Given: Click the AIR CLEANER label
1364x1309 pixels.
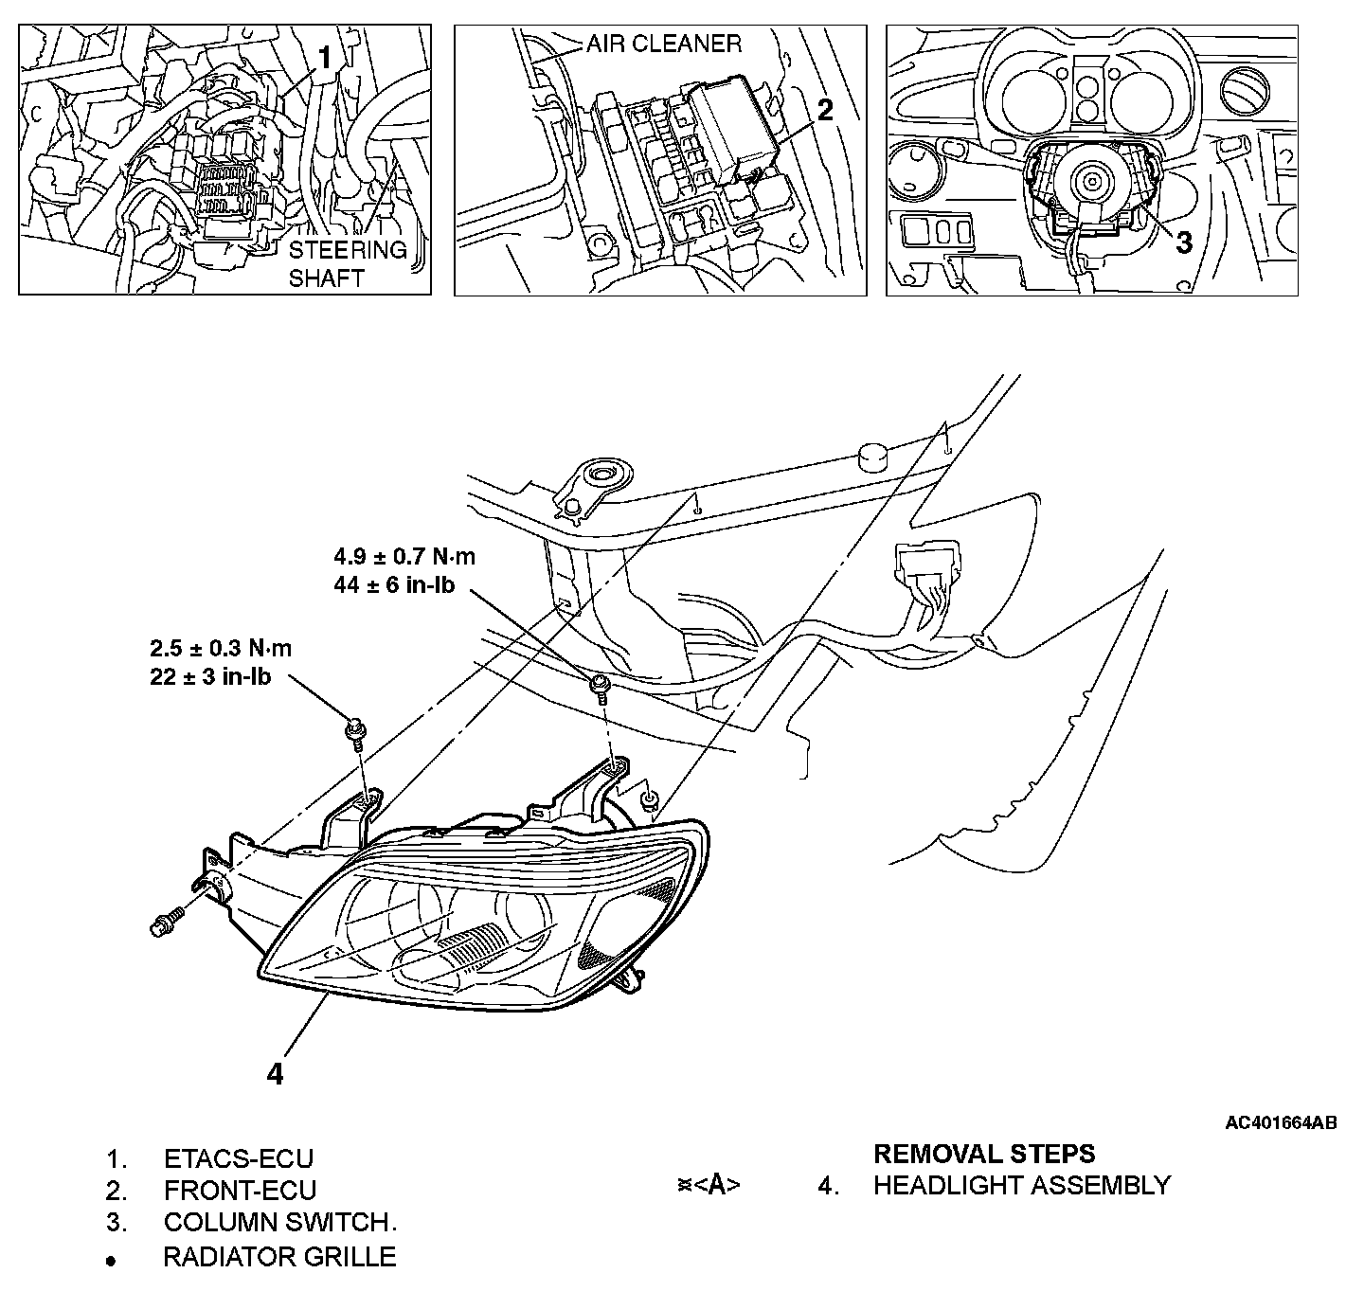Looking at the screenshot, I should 663,44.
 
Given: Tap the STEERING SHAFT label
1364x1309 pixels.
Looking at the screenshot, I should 347,264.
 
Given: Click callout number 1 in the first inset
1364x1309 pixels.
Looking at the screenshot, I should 325,58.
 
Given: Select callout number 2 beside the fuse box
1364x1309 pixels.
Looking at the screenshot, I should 825,110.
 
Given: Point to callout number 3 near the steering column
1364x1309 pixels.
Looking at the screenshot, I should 1183,242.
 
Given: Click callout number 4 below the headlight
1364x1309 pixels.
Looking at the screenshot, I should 275,1073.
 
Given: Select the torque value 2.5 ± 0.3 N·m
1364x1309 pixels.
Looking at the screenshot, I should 221,649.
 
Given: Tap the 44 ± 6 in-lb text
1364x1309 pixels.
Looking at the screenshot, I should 394,584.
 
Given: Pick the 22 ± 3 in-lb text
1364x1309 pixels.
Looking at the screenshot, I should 210,677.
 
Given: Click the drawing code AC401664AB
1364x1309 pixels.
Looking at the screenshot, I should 1281,1123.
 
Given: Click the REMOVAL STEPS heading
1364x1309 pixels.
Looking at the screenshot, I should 983,1154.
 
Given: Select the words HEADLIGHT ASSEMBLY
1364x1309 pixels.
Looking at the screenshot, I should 1021,1185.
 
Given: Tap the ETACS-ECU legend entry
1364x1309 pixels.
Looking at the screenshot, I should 238,1158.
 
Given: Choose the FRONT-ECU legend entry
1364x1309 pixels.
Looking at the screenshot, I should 240,1191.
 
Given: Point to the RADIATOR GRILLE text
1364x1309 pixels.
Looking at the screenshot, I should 279,1257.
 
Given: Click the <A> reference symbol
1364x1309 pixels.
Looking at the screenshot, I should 717,1185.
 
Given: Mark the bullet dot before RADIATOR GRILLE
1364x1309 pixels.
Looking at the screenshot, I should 112,1261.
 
